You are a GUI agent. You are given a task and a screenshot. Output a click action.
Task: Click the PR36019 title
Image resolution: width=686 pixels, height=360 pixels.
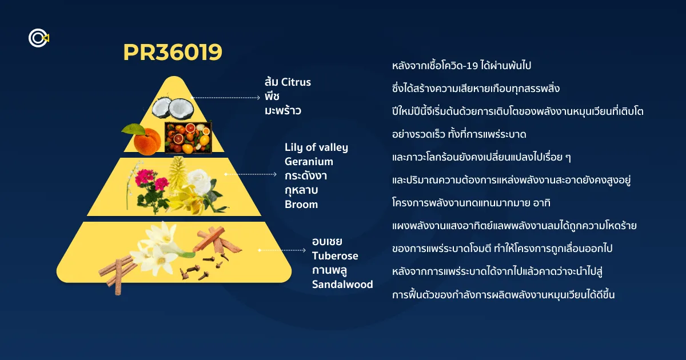173,52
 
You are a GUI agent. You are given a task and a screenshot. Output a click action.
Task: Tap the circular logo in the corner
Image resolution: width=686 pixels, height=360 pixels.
39,38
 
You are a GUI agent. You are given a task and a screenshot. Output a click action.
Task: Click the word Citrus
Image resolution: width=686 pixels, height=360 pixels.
296,82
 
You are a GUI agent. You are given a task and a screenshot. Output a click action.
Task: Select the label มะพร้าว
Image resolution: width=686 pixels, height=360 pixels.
282,110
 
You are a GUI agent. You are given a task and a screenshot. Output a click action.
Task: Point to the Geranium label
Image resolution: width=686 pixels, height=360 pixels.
309,162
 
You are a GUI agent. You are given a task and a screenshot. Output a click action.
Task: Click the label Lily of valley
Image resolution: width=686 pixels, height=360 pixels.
316,147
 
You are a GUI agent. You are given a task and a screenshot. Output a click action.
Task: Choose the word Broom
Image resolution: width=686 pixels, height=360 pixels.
301,204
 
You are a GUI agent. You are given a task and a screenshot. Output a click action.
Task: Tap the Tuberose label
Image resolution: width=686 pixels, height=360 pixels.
335,255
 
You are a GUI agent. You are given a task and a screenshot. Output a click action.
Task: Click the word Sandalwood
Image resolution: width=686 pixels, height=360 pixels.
342,285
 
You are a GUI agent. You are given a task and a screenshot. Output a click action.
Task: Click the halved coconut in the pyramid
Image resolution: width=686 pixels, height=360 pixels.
173,108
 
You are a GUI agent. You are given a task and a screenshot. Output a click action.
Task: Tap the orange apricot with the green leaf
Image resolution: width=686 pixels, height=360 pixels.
143,139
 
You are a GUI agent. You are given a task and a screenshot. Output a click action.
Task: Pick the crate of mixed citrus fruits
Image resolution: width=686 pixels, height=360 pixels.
188,138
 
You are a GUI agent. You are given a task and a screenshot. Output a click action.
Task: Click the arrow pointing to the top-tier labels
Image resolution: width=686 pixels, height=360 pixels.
225,98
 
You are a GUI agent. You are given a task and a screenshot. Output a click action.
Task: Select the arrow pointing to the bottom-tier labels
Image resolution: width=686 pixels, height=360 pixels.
282,250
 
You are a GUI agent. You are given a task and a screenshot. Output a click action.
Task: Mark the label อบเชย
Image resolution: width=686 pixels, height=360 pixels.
327,242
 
